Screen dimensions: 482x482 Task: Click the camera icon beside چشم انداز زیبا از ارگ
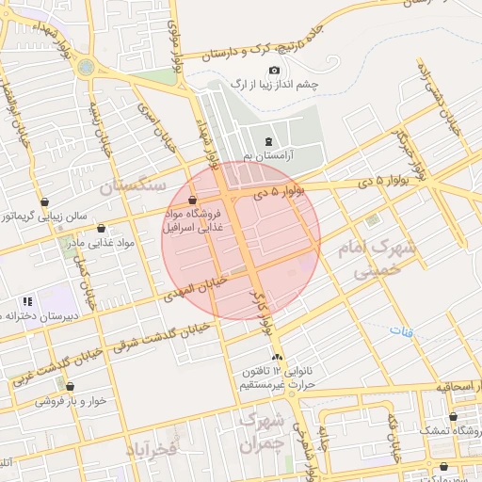[x=274, y=71]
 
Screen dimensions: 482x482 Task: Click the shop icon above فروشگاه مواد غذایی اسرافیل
[x=192, y=201]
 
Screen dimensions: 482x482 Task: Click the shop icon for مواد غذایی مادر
[x=101, y=229]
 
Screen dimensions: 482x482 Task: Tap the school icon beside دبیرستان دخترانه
[x=27, y=301]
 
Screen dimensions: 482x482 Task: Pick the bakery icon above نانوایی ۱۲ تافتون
[x=277, y=358]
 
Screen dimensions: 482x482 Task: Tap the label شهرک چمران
[x=260, y=431]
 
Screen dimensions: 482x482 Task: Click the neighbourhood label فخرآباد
[x=150, y=450]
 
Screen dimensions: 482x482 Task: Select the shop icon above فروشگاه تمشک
[x=454, y=416]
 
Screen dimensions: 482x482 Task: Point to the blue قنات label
[x=401, y=330]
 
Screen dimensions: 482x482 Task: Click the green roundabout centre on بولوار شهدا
[x=87, y=68]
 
